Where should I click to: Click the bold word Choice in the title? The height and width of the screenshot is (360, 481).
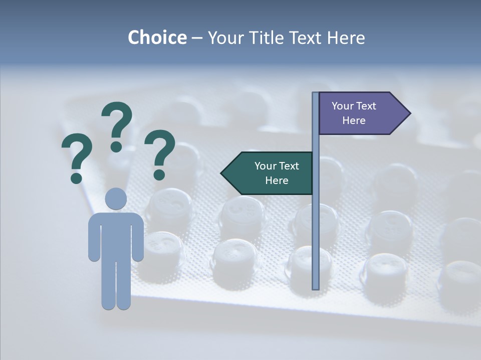157,37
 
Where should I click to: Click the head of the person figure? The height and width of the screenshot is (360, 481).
116,198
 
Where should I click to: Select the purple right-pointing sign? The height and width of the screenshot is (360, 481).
361,113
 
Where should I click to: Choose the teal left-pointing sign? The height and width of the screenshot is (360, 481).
271,173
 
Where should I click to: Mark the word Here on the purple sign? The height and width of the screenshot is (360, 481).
354,120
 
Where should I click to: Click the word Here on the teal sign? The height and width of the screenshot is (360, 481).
277,180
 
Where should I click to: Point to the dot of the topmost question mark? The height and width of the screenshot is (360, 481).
116,146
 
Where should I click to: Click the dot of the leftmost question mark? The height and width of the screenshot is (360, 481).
76,177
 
